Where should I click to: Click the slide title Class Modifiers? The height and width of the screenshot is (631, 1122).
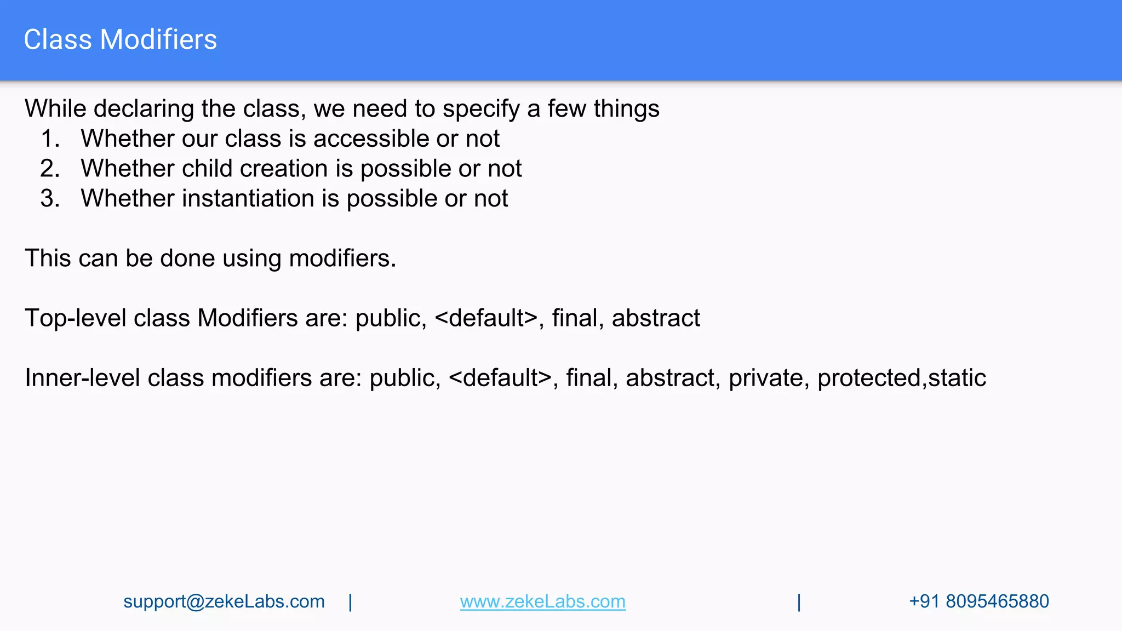(120, 40)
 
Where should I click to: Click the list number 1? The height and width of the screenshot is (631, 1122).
(50, 139)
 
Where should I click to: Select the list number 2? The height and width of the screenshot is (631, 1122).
(50, 169)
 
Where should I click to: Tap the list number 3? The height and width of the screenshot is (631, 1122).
(50, 198)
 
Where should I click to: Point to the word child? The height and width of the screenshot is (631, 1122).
(207, 169)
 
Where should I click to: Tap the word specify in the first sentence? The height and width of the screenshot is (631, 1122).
(480, 109)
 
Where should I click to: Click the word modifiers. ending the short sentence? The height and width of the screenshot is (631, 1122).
(342, 259)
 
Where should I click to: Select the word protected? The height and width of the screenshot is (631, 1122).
(869, 378)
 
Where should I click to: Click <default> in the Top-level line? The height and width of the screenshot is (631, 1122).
(486, 318)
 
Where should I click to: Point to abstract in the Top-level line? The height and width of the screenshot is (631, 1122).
(655, 318)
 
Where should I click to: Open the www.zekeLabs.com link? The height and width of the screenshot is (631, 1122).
(542, 601)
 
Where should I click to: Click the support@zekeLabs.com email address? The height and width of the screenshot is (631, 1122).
(224, 601)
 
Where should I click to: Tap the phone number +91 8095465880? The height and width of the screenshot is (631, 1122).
(978, 601)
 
